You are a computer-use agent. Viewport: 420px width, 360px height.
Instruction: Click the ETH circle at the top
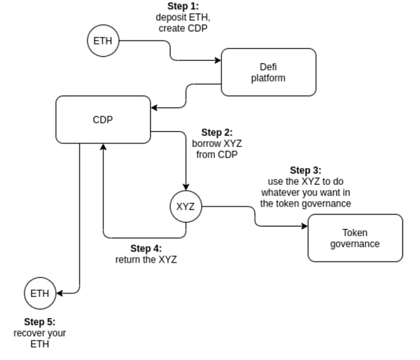coord(103,41)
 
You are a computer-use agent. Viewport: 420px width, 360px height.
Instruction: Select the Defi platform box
coord(268,72)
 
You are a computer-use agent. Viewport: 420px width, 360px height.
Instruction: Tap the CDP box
coord(103,119)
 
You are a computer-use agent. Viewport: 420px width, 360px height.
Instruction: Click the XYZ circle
coord(185,207)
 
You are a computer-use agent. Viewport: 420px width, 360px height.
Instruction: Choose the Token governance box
coord(355,238)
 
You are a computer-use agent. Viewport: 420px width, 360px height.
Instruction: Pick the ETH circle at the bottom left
coord(40,293)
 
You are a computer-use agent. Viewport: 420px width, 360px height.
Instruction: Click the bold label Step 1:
coord(183,6)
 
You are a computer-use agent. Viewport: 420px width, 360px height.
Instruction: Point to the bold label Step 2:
coord(216,132)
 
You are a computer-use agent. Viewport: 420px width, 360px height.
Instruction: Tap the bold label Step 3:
coord(305,170)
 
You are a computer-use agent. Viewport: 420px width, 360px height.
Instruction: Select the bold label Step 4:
coord(146,248)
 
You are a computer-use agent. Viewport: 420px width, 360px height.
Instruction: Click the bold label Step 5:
coord(39,322)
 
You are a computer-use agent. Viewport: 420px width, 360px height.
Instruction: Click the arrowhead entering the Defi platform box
coord(218,60)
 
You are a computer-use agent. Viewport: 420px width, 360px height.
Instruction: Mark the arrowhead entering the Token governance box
coord(304,226)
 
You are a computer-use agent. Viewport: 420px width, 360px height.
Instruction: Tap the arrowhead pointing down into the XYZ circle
coord(185,185)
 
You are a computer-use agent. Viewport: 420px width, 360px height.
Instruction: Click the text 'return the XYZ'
coord(146,259)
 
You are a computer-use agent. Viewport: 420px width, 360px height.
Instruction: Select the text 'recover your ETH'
coord(39,338)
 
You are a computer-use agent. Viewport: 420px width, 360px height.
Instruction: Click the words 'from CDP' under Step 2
coord(216,154)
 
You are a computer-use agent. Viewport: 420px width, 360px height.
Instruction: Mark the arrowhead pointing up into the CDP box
coord(103,147)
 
